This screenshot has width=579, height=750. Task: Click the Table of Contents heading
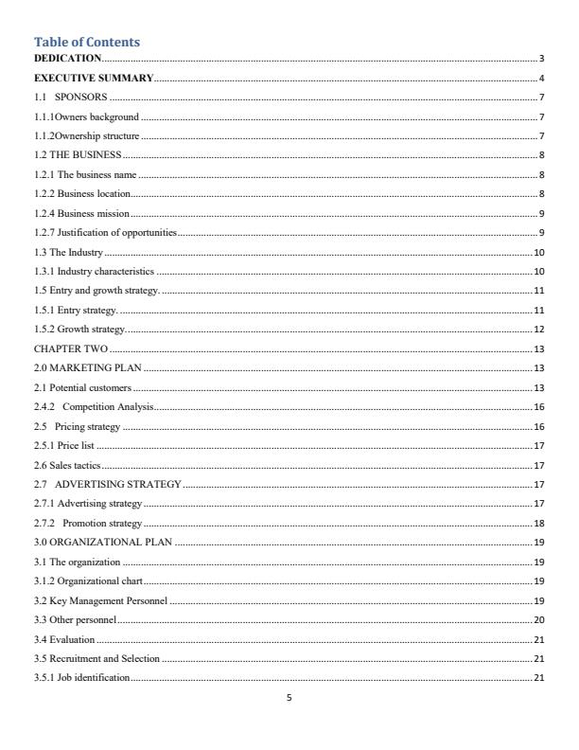(87, 42)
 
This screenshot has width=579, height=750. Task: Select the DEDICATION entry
(67, 59)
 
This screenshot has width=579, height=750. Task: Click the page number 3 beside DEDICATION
(541, 59)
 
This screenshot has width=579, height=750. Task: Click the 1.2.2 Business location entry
(82, 194)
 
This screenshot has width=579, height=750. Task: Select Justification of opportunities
(105, 233)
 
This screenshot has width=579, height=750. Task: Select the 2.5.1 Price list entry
(64, 445)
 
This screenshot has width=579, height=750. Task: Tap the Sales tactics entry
(67, 465)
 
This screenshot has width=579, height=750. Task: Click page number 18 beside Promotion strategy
(539, 523)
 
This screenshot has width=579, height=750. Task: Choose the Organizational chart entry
(86, 580)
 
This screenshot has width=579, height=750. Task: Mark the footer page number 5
(289, 699)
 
